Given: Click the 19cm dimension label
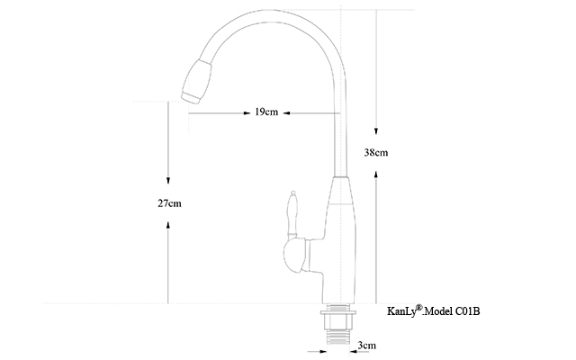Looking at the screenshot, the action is (266, 112).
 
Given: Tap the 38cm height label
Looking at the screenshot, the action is (376, 152).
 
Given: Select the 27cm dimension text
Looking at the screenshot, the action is (169, 203).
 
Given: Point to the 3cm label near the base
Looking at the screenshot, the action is (367, 346).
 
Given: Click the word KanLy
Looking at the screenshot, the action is (401, 311).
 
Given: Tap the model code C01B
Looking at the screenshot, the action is (468, 311).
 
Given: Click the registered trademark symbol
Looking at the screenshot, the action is (419, 308).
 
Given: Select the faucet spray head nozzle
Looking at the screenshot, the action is (197, 82).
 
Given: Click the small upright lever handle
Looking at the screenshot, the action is (292, 214).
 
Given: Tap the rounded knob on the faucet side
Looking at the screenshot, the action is (295, 256).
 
